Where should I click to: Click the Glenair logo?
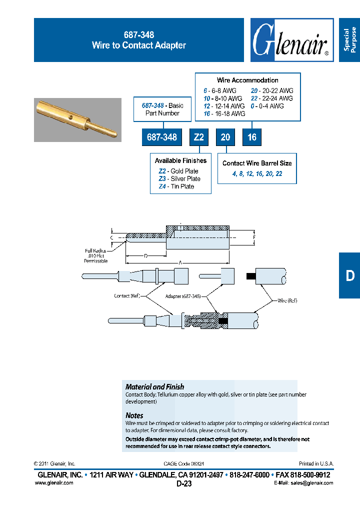[x=291, y=40]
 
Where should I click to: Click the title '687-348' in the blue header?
[x=138, y=35]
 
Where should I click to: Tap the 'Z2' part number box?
[x=198, y=137]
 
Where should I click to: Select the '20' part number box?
[x=225, y=137]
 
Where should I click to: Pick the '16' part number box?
[x=252, y=137]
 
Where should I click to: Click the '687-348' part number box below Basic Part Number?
[x=162, y=137]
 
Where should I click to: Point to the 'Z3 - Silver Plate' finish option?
[x=179, y=178]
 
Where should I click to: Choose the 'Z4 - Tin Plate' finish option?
[x=176, y=186]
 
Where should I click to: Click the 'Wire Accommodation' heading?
[x=247, y=80]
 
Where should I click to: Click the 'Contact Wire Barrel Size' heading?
[x=257, y=163]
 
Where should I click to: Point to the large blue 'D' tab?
[x=349, y=275]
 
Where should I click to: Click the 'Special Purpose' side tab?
[x=349, y=40]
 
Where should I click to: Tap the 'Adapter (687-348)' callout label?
[x=182, y=296]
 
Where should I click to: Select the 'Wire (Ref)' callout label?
[x=287, y=300]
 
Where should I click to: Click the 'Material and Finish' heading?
[x=154, y=386]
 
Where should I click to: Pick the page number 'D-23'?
[x=184, y=483]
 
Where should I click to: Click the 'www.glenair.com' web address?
[x=54, y=482]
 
